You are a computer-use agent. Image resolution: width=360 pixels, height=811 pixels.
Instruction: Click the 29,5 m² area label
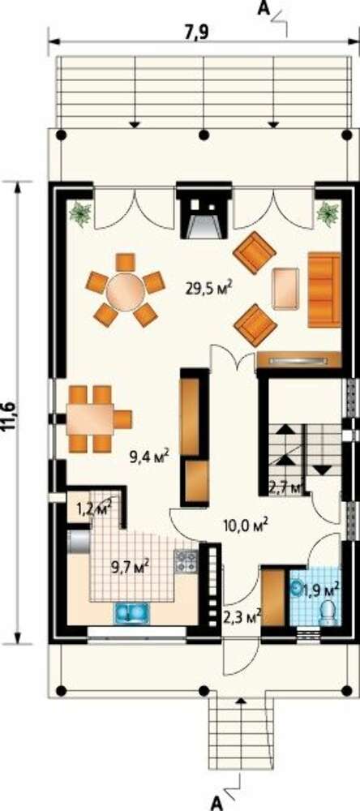pyautogui.click(x=208, y=286)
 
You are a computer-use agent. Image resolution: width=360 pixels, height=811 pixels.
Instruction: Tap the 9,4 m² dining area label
pyautogui.click(x=151, y=457)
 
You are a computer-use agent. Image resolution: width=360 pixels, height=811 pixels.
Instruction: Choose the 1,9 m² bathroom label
pyautogui.click(x=321, y=588)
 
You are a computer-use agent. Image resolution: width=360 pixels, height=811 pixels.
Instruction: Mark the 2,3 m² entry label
pyautogui.click(x=242, y=616)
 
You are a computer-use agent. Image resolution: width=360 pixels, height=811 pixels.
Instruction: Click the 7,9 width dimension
pyautogui.click(x=202, y=32)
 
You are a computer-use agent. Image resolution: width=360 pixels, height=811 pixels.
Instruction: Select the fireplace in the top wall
pyautogui.click(x=204, y=211)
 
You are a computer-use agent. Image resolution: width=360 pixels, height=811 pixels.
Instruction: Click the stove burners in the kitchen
pyautogui.click(x=186, y=561)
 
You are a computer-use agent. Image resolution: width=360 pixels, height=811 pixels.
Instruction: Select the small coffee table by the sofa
pyautogui.click(x=286, y=289)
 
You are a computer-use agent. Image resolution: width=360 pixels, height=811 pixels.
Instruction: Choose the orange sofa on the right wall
pyautogui.click(x=324, y=290)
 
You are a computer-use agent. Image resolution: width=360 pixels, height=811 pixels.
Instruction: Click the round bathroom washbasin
pyautogui.click(x=298, y=587)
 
